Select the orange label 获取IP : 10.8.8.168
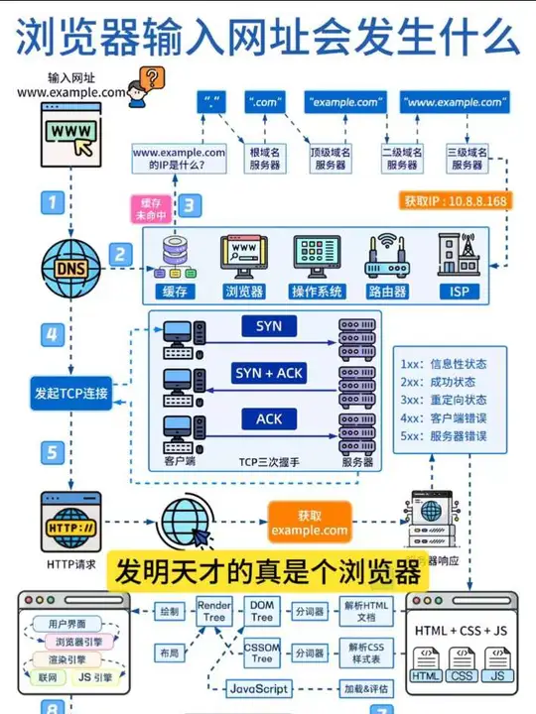pos(455,201)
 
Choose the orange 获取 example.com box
pos(310,523)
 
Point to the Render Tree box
pos(214,612)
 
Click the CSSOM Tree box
pos(261,654)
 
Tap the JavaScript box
pos(258,688)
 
